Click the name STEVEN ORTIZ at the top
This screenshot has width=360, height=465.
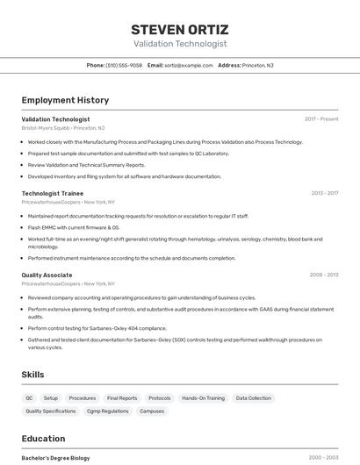179,29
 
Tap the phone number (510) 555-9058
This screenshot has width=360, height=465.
124,65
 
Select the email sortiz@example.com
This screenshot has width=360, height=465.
188,65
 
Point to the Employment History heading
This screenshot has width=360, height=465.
65,100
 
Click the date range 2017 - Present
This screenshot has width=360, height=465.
321,118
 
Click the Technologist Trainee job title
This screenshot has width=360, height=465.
53,192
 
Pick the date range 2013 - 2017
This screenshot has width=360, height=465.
324,192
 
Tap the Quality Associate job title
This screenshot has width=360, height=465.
47,275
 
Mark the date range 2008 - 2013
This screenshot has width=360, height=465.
324,275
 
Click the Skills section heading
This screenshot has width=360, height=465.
33,375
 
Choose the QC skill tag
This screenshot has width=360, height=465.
29,398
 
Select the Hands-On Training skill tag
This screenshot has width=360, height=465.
203,398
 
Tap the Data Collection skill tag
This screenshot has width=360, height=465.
254,398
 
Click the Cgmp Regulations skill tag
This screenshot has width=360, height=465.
108,411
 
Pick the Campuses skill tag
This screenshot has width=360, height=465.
152,411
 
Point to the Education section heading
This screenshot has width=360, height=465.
43,439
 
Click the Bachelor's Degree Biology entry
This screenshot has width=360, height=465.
55,458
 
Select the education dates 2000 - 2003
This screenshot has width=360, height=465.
323,458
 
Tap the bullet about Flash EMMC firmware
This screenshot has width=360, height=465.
74,227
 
